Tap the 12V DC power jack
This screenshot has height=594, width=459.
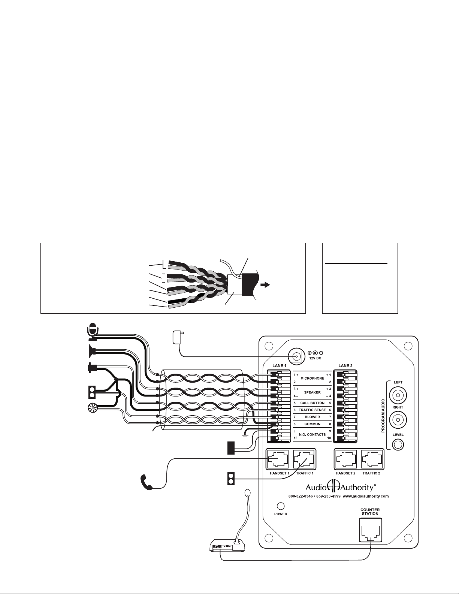297,357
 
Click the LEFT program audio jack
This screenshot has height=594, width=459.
398,395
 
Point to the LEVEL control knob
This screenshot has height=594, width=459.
398,444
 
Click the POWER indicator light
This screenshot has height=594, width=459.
280,506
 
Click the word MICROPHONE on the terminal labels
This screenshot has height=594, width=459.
312,378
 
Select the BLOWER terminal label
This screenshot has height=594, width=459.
312,417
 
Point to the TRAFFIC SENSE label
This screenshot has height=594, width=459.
312,410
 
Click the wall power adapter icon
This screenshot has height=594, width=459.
176,337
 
